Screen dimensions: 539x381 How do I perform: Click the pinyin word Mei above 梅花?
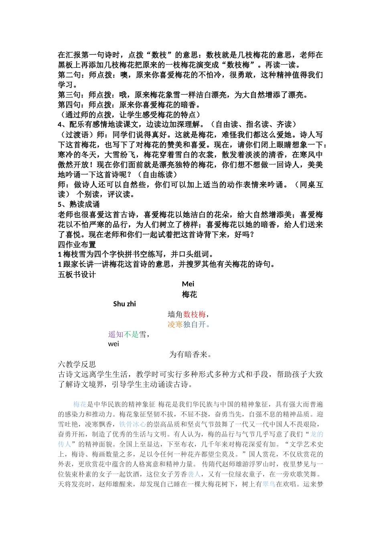click(188, 284)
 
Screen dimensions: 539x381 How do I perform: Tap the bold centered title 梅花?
click(189, 295)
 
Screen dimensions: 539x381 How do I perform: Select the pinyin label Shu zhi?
click(124, 304)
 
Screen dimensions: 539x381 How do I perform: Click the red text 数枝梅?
click(195, 314)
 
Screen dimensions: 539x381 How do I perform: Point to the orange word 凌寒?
click(175, 324)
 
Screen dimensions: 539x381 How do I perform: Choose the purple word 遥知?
click(116, 334)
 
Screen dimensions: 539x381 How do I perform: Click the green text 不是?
click(131, 334)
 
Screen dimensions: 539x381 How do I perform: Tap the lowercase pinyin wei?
click(113, 344)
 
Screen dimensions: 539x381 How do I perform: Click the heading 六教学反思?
click(77, 365)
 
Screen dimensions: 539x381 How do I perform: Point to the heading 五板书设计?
click(77, 275)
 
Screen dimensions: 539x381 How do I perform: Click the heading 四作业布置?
click(77, 245)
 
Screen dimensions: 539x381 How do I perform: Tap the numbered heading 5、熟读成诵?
click(79, 205)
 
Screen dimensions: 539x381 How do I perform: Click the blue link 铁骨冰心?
click(133, 424)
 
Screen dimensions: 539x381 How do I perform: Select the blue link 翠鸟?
click(269, 484)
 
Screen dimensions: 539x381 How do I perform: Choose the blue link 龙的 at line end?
click(316, 434)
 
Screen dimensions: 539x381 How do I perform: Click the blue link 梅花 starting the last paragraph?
click(80, 404)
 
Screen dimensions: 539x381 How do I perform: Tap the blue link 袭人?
click(194, 474)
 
